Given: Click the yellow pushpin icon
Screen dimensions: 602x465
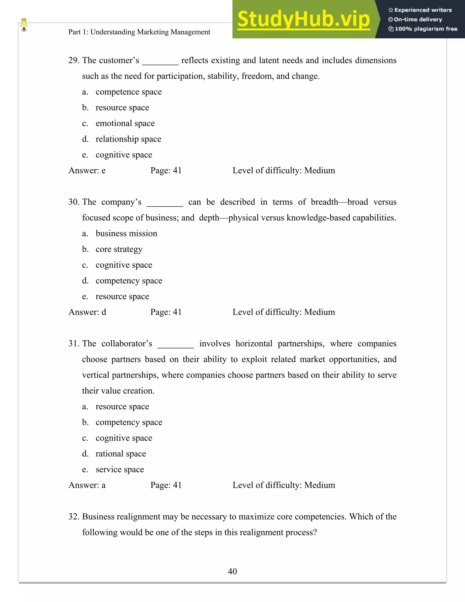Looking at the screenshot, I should [x=24, y=24].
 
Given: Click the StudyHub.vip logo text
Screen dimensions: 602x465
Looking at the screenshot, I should [x=303, y=19].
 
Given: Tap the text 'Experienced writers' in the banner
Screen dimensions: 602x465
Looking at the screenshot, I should [x=423, y=10].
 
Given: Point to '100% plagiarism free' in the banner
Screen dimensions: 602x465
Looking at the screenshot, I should [x=426, y=29].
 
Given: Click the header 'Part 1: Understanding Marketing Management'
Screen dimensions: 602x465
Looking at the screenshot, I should [x=139, y=32].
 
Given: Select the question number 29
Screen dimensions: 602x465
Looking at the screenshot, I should [x=74, y=60].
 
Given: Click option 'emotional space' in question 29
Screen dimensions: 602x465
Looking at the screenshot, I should [x=125, y=123].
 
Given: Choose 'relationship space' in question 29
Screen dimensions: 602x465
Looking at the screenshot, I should [x=128, y=139].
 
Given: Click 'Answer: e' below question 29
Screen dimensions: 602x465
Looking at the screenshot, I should [x=87, y=171].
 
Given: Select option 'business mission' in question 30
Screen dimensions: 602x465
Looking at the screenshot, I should [x=126, y=234].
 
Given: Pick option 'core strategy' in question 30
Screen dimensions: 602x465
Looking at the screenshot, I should [x=119, y=249].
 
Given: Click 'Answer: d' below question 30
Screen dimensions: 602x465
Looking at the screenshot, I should [x=87, y=312].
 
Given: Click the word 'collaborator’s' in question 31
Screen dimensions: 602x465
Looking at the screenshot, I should [x=127, y=344].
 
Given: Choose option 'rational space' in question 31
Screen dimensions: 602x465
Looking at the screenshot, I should [x=121, y=454].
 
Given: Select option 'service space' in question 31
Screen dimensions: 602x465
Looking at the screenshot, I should [x=120, y=469].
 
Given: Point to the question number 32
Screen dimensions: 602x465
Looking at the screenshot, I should [x=74, y=517].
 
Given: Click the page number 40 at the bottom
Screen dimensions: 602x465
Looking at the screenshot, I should [x=232, y=571].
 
